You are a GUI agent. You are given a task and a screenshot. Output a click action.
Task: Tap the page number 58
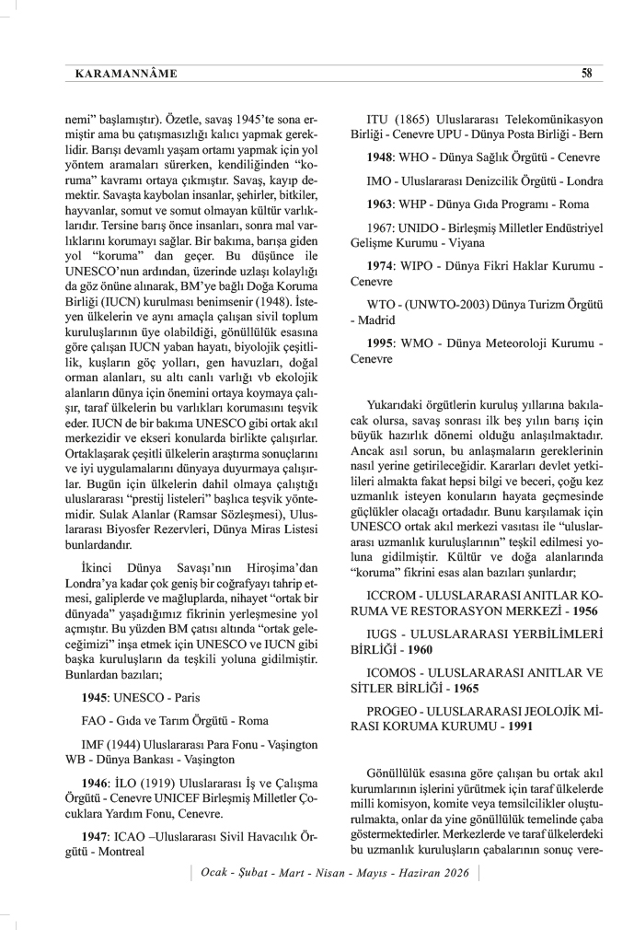click(586, 74)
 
